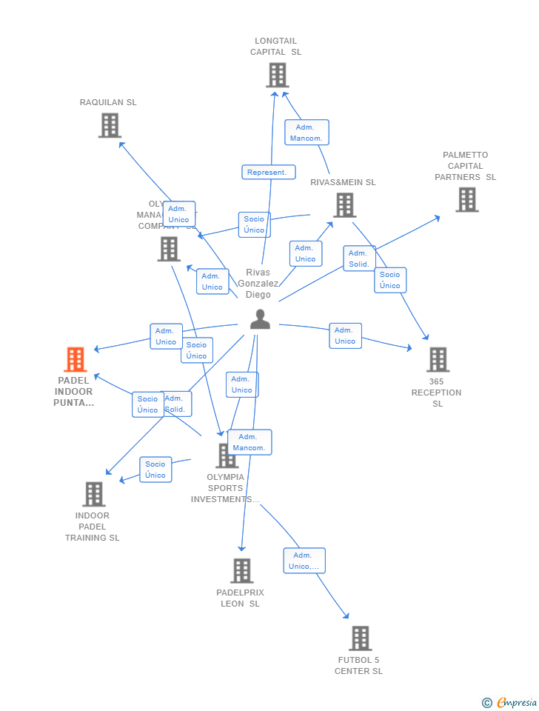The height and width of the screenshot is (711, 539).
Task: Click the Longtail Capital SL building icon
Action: coord(277,75)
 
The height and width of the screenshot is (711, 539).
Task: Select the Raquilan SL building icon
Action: coord(110,125)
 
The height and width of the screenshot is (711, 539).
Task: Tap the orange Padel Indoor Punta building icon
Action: coord(75,360)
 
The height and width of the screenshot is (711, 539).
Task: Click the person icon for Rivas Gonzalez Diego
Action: coord(260,319)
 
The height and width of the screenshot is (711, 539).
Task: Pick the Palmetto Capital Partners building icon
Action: coord(466,199)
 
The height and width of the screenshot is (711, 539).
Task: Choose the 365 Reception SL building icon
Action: coord(438,360)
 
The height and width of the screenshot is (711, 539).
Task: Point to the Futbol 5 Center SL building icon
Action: coord(360,638)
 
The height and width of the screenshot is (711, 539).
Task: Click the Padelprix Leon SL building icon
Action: coord(241,571)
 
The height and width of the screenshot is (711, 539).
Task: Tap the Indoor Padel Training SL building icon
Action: coord(93,494)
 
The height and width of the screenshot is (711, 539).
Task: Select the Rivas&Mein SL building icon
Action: coord(344,205)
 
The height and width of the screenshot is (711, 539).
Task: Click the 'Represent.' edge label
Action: coord(268,172)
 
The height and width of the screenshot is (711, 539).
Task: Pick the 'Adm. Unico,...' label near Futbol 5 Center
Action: coord(304,561)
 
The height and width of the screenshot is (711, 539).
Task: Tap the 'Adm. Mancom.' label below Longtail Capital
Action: coord(306,133)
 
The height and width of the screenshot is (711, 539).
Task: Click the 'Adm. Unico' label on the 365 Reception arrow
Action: coord(345,336)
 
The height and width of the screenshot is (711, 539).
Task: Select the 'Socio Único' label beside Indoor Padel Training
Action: coord(155,470)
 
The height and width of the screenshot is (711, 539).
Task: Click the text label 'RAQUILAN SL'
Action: coord(108,102)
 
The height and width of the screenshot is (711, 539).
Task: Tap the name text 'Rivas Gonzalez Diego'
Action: coord(258,284)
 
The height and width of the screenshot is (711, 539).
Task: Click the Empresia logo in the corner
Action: coord(510,702)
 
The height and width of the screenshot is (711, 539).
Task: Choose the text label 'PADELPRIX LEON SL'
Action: coord(240,598)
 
